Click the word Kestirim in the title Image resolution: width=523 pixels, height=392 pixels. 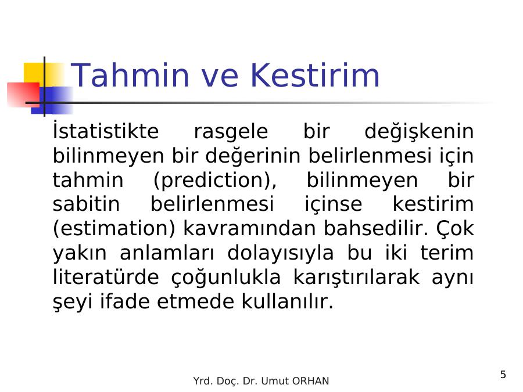coord(315,75)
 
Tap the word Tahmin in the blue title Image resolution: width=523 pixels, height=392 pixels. coord(130,75)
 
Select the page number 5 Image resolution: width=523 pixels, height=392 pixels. coord(503,375)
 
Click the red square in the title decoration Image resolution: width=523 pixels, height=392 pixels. coord(23,95)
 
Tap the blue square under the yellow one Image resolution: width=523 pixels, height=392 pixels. coord(52,100)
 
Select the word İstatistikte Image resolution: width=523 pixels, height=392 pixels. coord(105,131)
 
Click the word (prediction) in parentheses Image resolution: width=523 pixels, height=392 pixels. coord(215,181)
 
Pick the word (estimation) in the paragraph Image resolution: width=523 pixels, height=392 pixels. coord(114,229)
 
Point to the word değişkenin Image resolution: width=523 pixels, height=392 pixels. coord(419,132)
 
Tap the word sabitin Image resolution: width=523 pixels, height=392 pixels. coord(86,204)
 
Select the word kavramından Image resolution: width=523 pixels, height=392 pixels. coord(249,228)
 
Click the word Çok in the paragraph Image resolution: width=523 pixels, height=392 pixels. coord(455,229)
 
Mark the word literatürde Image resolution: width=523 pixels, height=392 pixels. coord(106,277)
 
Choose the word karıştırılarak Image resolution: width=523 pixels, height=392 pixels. coord(356,278)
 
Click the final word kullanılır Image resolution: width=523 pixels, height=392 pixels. coord(287,301)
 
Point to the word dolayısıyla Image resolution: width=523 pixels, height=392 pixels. coord(280,253)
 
